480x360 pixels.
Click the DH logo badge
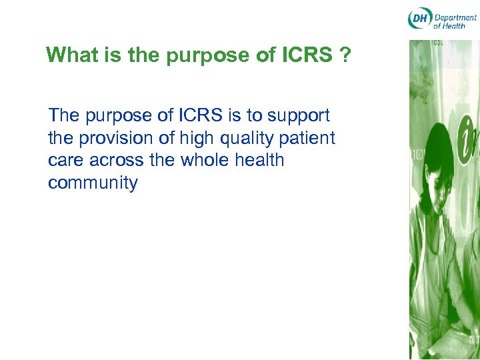pos(419,19)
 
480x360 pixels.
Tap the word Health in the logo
pos(455,26)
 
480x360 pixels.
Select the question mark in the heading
pos(345,55)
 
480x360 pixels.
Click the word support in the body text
pos(299,116)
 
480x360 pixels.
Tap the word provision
pos(114,139)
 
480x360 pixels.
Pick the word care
pos(67,161)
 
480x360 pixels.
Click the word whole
pos(217,160)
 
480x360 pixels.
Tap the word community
pos(93,183)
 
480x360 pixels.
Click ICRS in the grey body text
pos(201,115)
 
